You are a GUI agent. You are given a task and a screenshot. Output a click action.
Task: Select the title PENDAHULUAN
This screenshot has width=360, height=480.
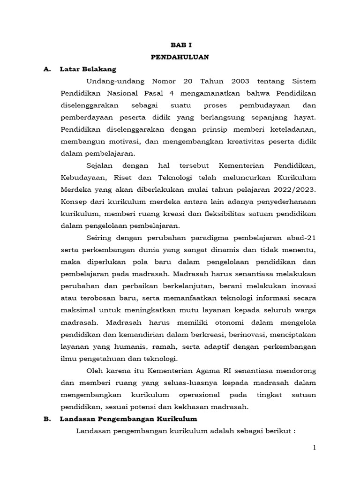tap(180, 57)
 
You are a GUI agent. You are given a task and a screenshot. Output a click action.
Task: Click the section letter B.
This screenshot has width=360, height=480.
tap(46, 419)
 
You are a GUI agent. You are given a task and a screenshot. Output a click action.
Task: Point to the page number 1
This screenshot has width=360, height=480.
tap(315, 449)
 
